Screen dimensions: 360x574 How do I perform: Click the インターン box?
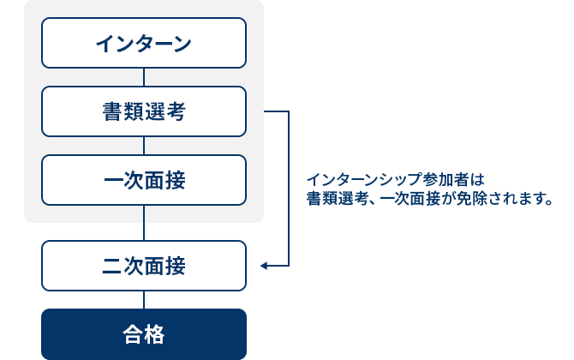[x=144, y=43]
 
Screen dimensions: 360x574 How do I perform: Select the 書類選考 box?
[x=144, y=111]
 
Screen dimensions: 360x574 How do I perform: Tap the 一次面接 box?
[x=144, y=180]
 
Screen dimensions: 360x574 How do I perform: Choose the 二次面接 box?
[x=144, y=266]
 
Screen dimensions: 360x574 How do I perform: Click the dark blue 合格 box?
[x=144, y=333]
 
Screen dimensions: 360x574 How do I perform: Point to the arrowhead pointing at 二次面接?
[x=264, y=266]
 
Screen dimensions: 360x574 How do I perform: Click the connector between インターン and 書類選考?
[x=144, y=77]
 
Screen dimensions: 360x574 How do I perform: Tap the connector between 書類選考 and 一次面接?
[x=144, y=146]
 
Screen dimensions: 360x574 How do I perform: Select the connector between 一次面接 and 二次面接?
[x=144, y=223]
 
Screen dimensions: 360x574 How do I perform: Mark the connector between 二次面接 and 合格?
[x=144, y=299]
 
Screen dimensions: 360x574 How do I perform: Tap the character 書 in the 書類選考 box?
[x=112, y=112]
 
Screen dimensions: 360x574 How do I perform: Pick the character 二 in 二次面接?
[x=112, y=267]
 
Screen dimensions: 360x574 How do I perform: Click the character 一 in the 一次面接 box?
[x=112, y=181]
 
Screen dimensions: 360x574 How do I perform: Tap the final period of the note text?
[x=547, y=202]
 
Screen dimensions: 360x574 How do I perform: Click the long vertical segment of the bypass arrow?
[x=289, y=189]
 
